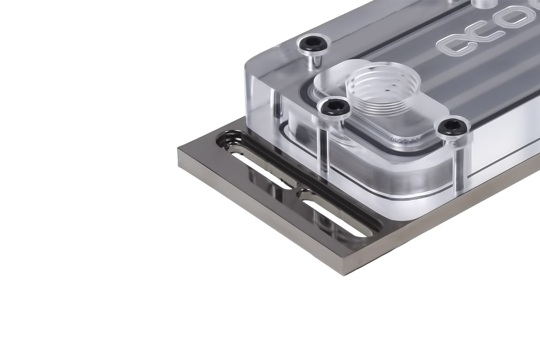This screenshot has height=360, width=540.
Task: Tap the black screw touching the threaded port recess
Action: coord(334,107)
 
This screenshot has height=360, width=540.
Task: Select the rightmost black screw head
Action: coord(453,127)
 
